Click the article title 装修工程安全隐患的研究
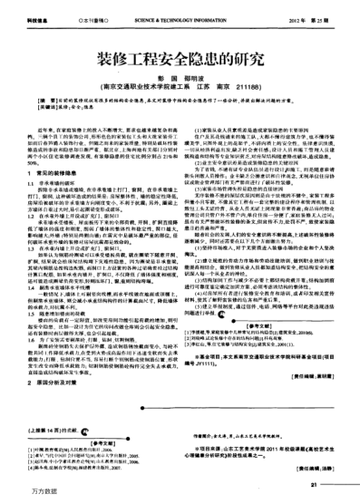pyautogui.click(x=181, y=55)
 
